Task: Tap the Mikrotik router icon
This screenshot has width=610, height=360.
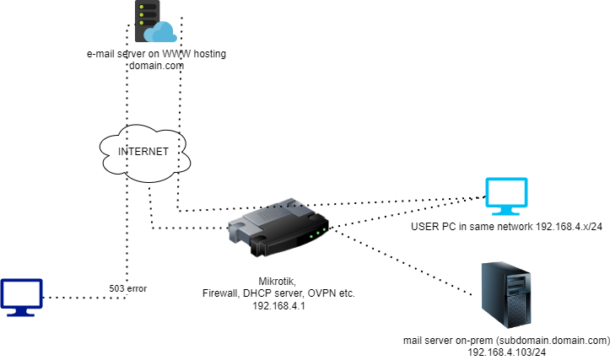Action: click(278, 228)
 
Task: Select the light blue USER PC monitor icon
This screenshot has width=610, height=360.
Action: click(505, 197)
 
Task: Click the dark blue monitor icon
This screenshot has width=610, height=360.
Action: click(21, 298)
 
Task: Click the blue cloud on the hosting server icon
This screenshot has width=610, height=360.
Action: click(159, 33)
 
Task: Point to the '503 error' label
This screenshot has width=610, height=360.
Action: click(129, 288)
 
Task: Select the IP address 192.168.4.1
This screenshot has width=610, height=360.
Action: click(279, 306)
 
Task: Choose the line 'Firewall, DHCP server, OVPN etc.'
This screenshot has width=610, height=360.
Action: click(279, 293)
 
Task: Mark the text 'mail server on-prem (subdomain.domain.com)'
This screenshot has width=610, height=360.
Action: click(506, 341)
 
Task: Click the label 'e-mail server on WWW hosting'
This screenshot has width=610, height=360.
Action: click(156, 54)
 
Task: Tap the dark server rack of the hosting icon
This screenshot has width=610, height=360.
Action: click(145, 17)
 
